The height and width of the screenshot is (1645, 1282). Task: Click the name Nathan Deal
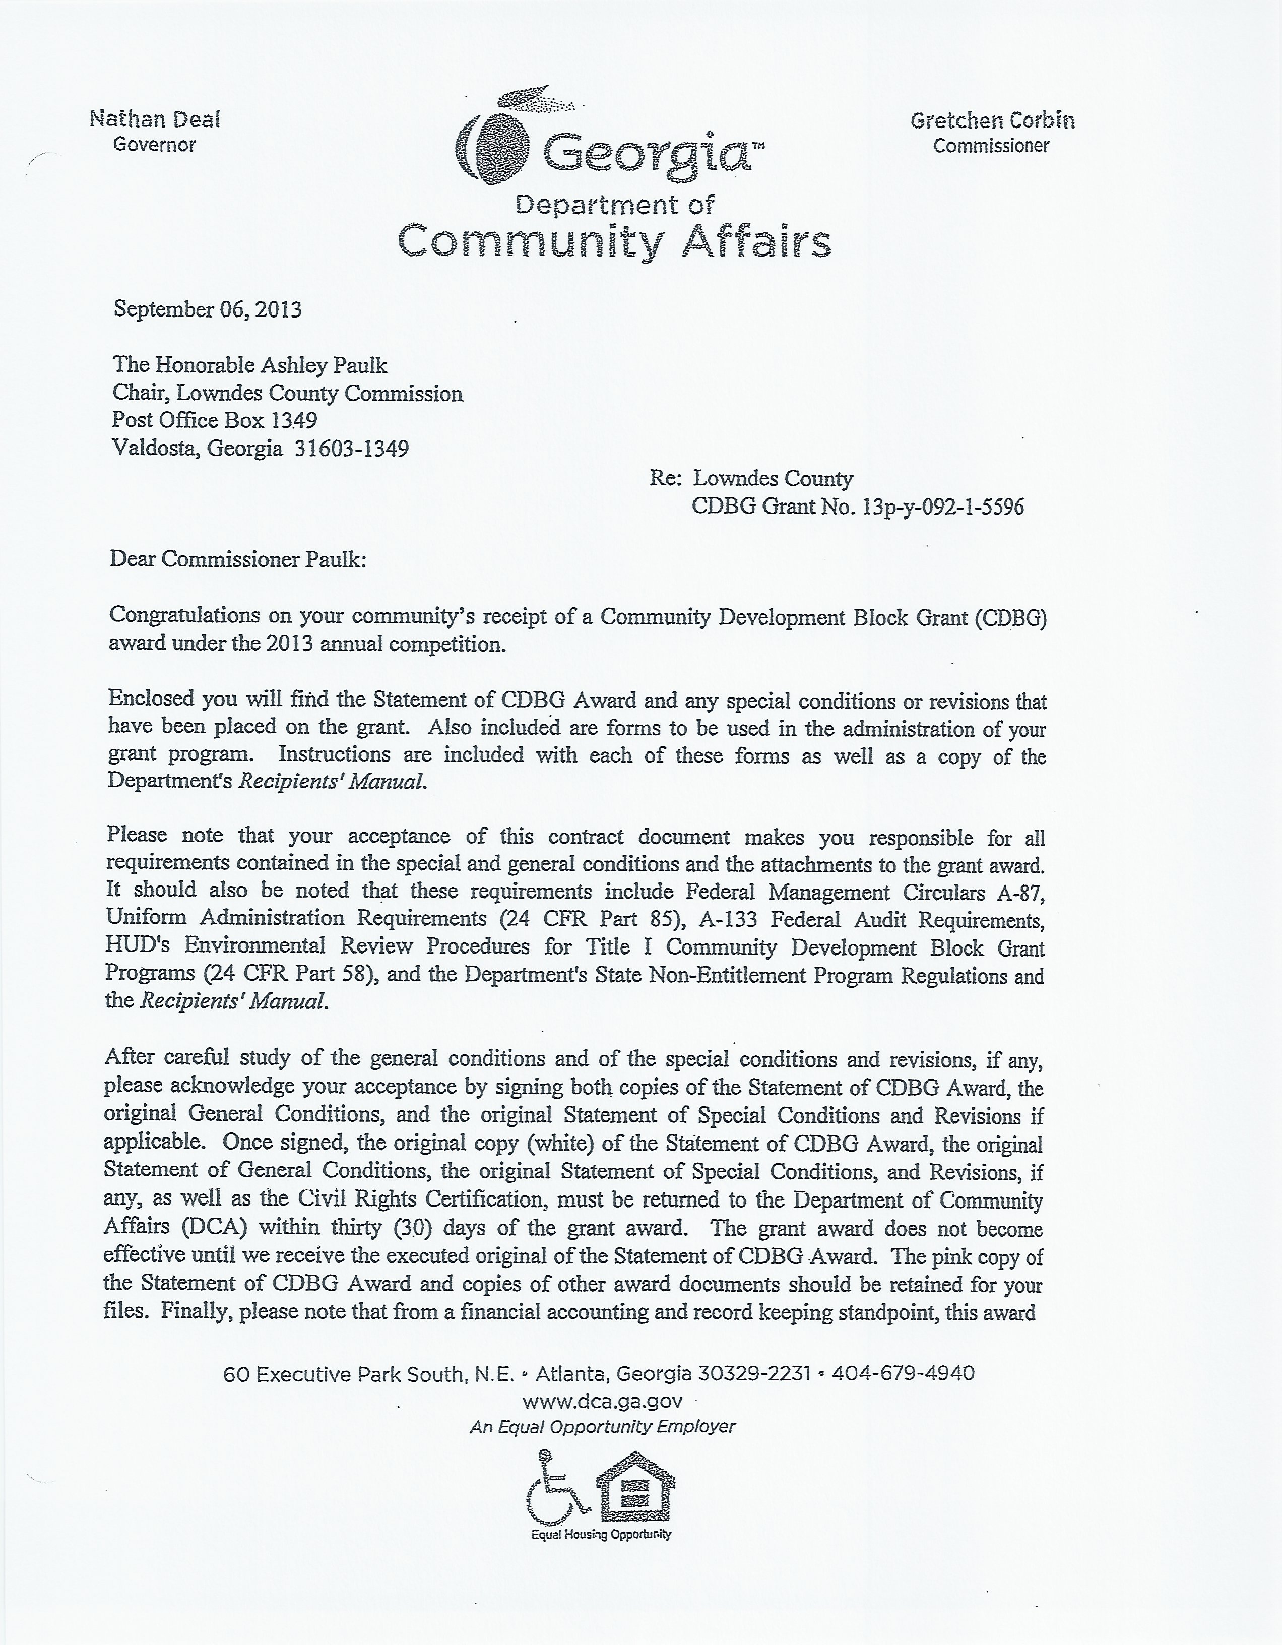(154, 119)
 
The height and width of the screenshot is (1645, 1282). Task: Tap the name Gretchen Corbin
(992, 120)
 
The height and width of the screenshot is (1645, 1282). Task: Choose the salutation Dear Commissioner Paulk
(238, 559)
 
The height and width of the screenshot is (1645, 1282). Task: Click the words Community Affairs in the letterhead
(614, 242)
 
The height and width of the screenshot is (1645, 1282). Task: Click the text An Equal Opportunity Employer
(603, 1427)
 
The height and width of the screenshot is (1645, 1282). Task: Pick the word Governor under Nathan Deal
(154, 145)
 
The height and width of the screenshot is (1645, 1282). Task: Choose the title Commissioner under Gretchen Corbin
(991, 146)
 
